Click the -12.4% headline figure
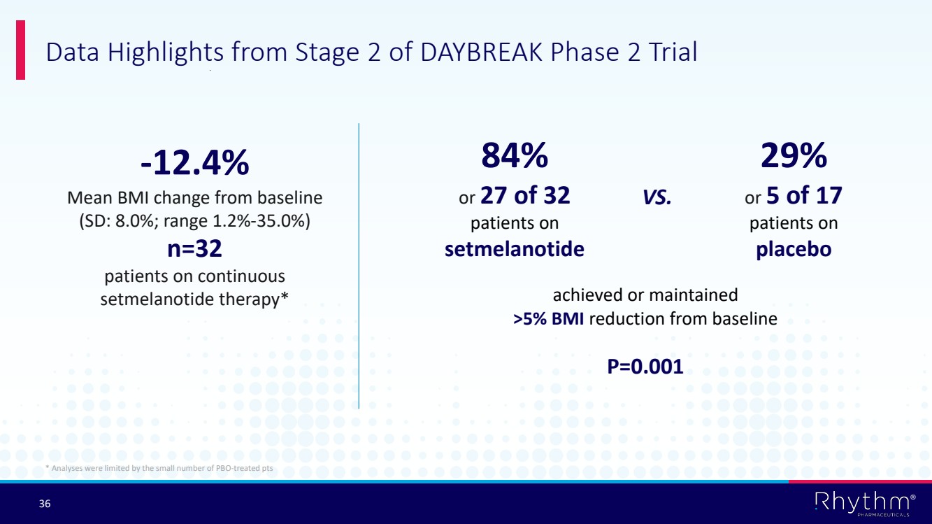(195, 163)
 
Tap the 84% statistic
(515, 155)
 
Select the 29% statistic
(794, 155)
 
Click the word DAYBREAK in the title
(482, 52)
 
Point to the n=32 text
(195, 248)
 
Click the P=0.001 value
(645, 367)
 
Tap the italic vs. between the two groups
(657, 197)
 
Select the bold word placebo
(794, 249)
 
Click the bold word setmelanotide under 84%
(515, 249)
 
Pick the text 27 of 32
(525, 195)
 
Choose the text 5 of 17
(804, 195)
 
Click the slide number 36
(45, 504)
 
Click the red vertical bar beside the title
(20, 50)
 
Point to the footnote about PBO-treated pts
(159, 468)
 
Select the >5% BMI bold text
(548, 319)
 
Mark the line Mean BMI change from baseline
(195, 198)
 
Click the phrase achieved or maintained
(645, 295)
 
